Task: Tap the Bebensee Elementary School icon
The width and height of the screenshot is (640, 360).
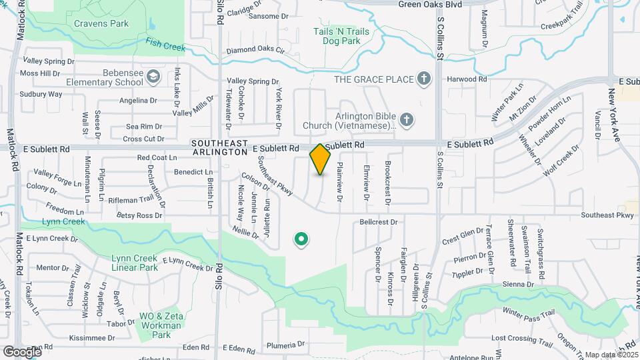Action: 154,77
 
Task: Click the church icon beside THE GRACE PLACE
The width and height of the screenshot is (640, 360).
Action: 423,79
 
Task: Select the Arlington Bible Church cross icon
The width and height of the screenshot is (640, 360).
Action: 408,119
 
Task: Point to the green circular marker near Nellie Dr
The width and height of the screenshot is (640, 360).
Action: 301,239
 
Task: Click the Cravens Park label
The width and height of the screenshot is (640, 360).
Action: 102,24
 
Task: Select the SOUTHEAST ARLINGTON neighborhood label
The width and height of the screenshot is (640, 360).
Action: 219,147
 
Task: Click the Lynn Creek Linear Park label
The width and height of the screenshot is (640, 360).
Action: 135,263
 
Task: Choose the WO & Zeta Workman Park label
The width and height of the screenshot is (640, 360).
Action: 160,325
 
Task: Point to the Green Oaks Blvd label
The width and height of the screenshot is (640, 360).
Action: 430,4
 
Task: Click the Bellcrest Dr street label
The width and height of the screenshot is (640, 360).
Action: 378,222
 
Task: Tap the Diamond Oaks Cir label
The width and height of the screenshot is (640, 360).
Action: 255,51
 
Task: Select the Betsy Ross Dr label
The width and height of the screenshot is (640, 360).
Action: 139,215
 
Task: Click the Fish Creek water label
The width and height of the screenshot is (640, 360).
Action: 165,46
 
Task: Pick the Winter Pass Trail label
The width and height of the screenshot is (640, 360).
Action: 529,313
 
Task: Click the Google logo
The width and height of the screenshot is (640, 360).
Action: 21,351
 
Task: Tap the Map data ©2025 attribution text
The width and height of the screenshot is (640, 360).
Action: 611,355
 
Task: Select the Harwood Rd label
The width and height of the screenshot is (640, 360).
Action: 467,79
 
